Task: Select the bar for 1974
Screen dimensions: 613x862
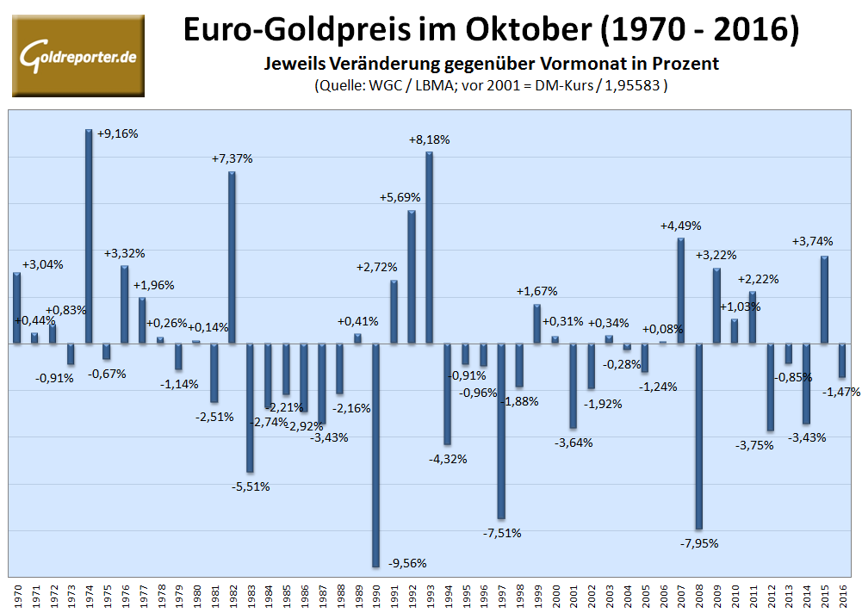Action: [x=89, y=237]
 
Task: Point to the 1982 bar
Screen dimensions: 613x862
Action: [x=232, y=257]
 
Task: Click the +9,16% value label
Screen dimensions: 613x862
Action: [x=118, y=134]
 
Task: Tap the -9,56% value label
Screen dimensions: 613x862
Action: [x=406, y=563]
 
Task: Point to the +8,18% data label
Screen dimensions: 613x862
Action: [x=429, y=139]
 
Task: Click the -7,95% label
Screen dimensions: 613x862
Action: [x=698, y=543]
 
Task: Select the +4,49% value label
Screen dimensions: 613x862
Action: [x=680, y=226]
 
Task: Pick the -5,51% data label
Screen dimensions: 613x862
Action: [x=250, y=486]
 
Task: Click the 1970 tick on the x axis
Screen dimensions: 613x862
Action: [x=17, y=595]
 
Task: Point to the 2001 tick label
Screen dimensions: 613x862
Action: [x=573, y=595]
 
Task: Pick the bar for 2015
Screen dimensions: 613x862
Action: [x=824, y=300]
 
